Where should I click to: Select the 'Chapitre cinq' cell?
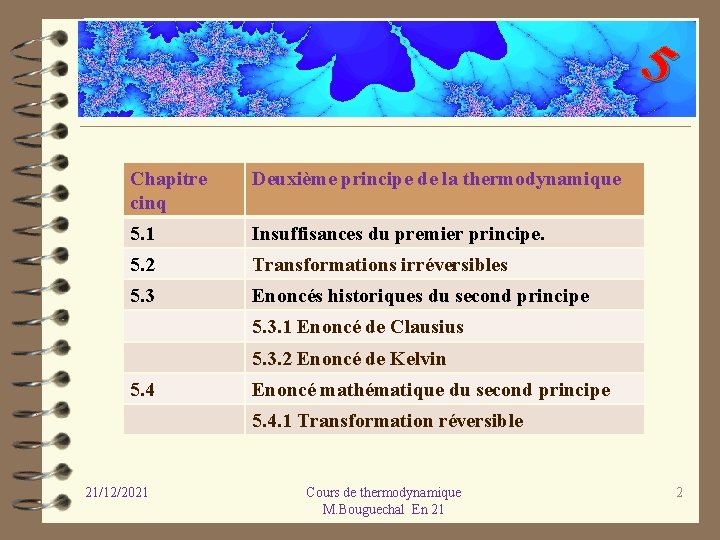point(169,191)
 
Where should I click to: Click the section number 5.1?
point(143,234)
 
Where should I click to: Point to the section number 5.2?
point(143,265)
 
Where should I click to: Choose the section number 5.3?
point(143,296)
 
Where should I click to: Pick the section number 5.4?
point(143,390)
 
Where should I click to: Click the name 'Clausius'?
point(427,327)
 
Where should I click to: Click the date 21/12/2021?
point(117,492)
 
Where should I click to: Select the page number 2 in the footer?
point(679,492)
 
